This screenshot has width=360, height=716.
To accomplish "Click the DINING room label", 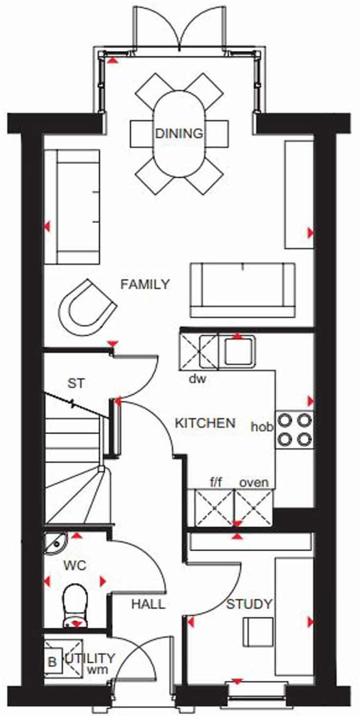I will (179, 133).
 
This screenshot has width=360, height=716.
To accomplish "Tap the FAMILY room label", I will (145, 284).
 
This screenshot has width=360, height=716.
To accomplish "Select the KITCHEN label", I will (205, 423).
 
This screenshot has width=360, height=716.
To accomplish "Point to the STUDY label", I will (249, 604).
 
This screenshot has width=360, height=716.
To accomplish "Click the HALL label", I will (148, 604).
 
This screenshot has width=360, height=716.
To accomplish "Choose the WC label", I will (75, 566).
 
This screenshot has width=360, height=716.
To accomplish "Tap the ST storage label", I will (76, 383).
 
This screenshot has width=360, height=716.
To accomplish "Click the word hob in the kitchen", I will (262, 426).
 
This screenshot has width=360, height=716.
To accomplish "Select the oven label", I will (253, 483).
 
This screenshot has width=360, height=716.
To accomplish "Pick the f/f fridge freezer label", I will (216, 483).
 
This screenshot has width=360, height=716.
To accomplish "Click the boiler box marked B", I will (52, 663).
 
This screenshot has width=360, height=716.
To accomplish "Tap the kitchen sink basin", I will (238, 351).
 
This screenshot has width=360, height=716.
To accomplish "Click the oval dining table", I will (179, 133).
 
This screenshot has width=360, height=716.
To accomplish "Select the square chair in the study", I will (258, 631).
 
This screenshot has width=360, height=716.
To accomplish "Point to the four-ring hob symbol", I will (294, 429).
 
